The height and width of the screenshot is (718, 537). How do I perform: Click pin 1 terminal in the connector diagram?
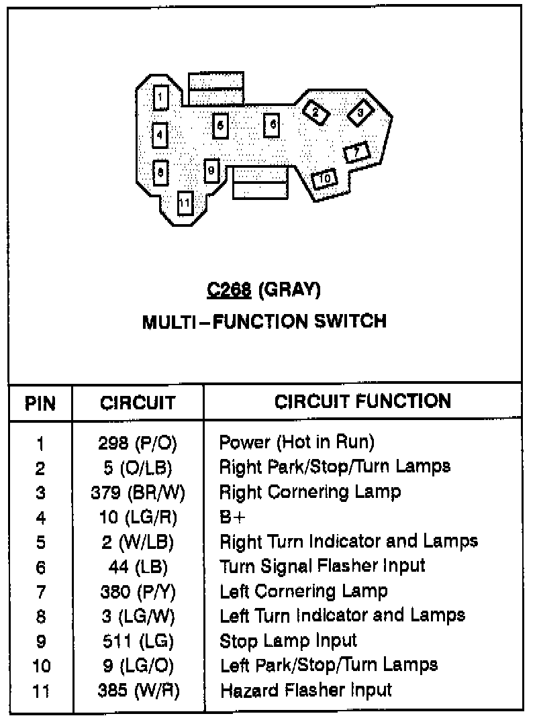pos(160,99)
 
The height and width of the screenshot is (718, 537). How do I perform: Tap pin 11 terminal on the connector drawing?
pos(185,202)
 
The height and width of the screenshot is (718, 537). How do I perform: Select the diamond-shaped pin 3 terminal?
pos(360,113)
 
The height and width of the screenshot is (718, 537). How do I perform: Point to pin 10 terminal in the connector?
pos(324,178)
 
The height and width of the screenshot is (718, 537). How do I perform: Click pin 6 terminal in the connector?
pos(271,125)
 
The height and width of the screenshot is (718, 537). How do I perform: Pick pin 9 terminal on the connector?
pos(211,170)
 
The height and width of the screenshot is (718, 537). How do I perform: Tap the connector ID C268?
pos(229,290)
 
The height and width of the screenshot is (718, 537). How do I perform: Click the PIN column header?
pos(40,403)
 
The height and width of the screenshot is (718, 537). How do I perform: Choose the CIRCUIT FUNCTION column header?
pos(362,401)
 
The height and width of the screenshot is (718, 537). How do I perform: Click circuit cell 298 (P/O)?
pos(138,443)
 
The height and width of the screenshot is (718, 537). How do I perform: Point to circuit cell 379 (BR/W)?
pos(138,493)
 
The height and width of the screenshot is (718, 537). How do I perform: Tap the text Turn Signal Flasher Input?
pos(322,566)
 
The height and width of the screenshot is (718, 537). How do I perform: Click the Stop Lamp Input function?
pos(288,641)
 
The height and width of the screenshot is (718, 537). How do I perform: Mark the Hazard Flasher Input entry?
pos(305,690)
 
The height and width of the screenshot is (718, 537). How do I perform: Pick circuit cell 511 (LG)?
pos(138,642)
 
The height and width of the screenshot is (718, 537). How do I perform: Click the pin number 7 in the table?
pos(40,592)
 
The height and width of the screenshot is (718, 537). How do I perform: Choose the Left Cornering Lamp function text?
pos(303,591)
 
